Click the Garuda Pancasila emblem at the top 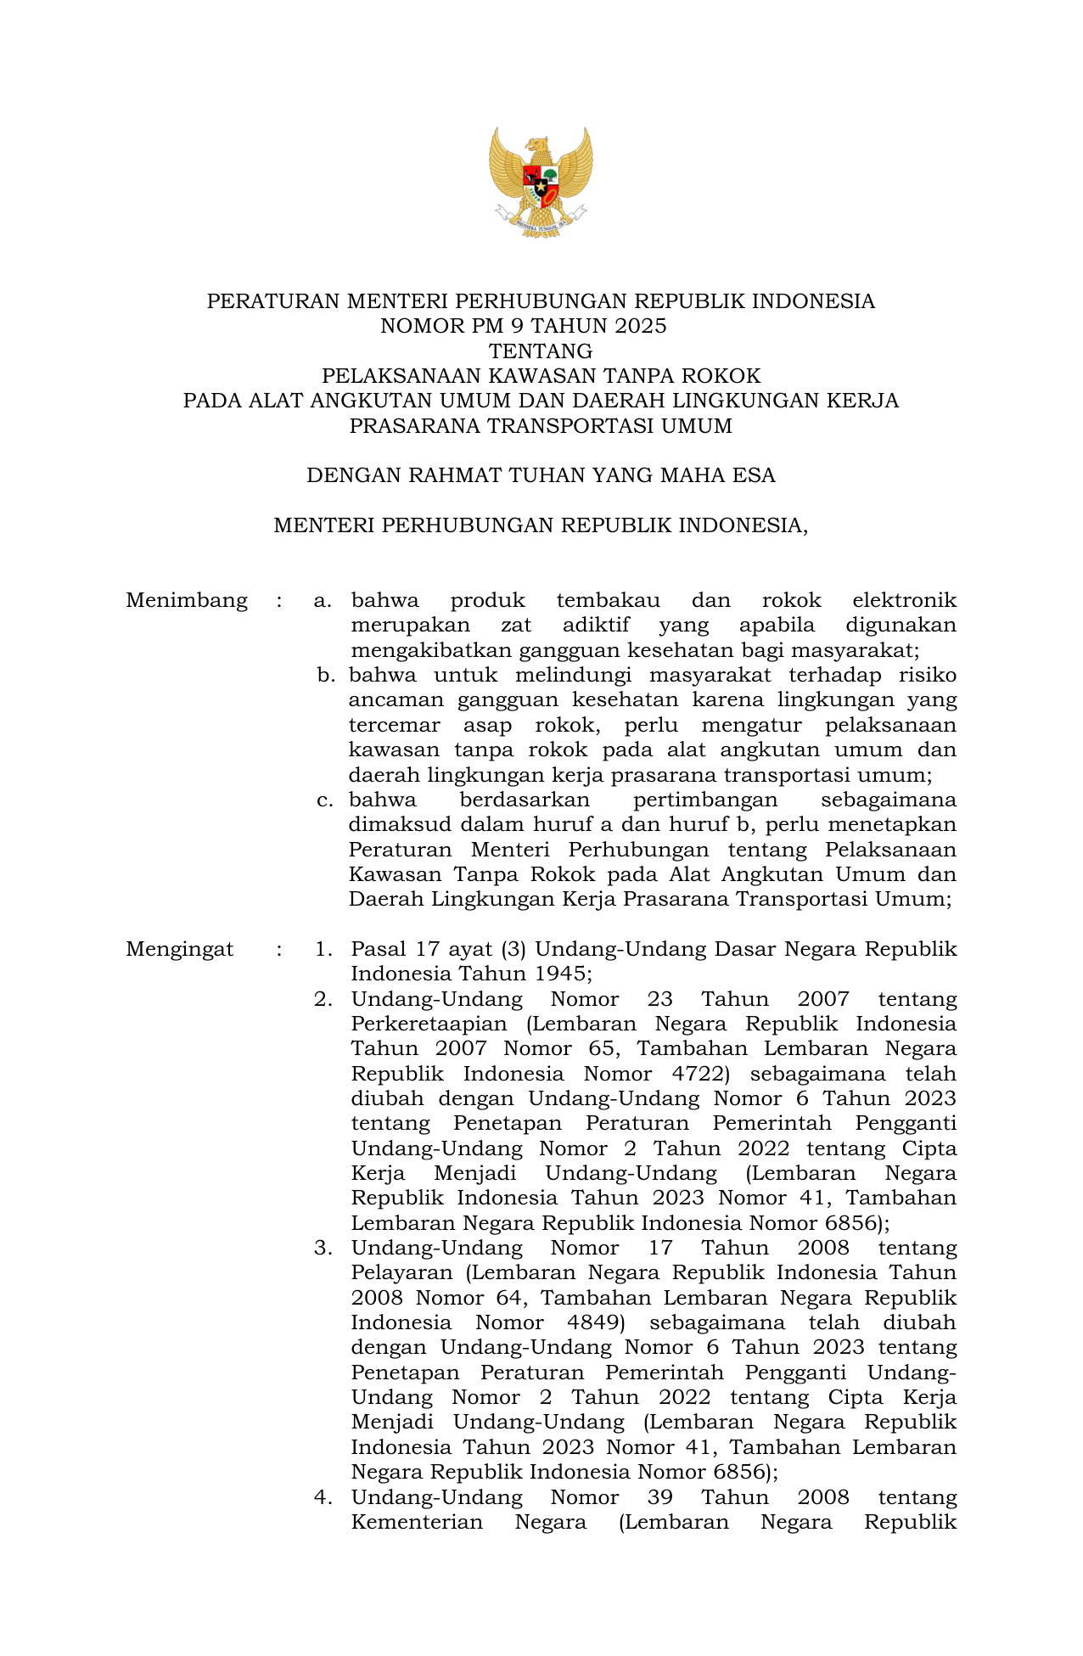tap(541, 182)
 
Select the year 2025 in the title tap(637, 326)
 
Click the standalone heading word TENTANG tap(541, 351)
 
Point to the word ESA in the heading tap(755, 475)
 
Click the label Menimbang tap(187, 601)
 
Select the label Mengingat tap(180, 949)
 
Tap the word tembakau tap(608, 601)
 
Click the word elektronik tap(904, 601)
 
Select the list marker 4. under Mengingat tap(323, 1497)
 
